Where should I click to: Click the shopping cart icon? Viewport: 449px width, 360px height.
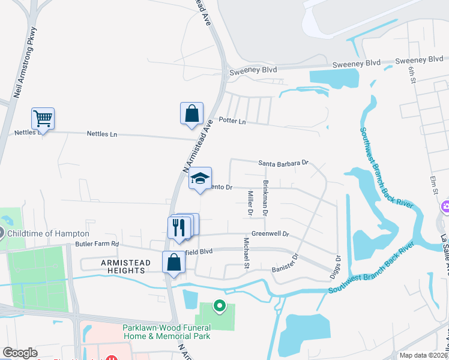point(43,118)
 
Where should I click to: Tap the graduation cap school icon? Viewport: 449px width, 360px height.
point(200,178)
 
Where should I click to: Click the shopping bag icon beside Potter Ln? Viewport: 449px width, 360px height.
point(191,113)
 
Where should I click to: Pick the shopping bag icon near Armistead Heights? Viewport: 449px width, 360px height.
point(173,262)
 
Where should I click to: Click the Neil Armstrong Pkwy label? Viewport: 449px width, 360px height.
point(25,63)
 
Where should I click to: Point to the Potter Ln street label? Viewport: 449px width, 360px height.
point(232,121)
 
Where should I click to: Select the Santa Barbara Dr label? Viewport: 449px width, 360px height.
point(283,163)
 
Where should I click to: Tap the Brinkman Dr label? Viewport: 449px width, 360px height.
point(265,198)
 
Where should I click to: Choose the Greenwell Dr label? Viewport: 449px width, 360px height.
point(270,234)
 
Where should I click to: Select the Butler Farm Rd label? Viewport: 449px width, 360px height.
point(97,244)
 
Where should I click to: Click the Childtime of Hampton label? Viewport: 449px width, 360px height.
point(48,233)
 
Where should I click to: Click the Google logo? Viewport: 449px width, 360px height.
point(20,353)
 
